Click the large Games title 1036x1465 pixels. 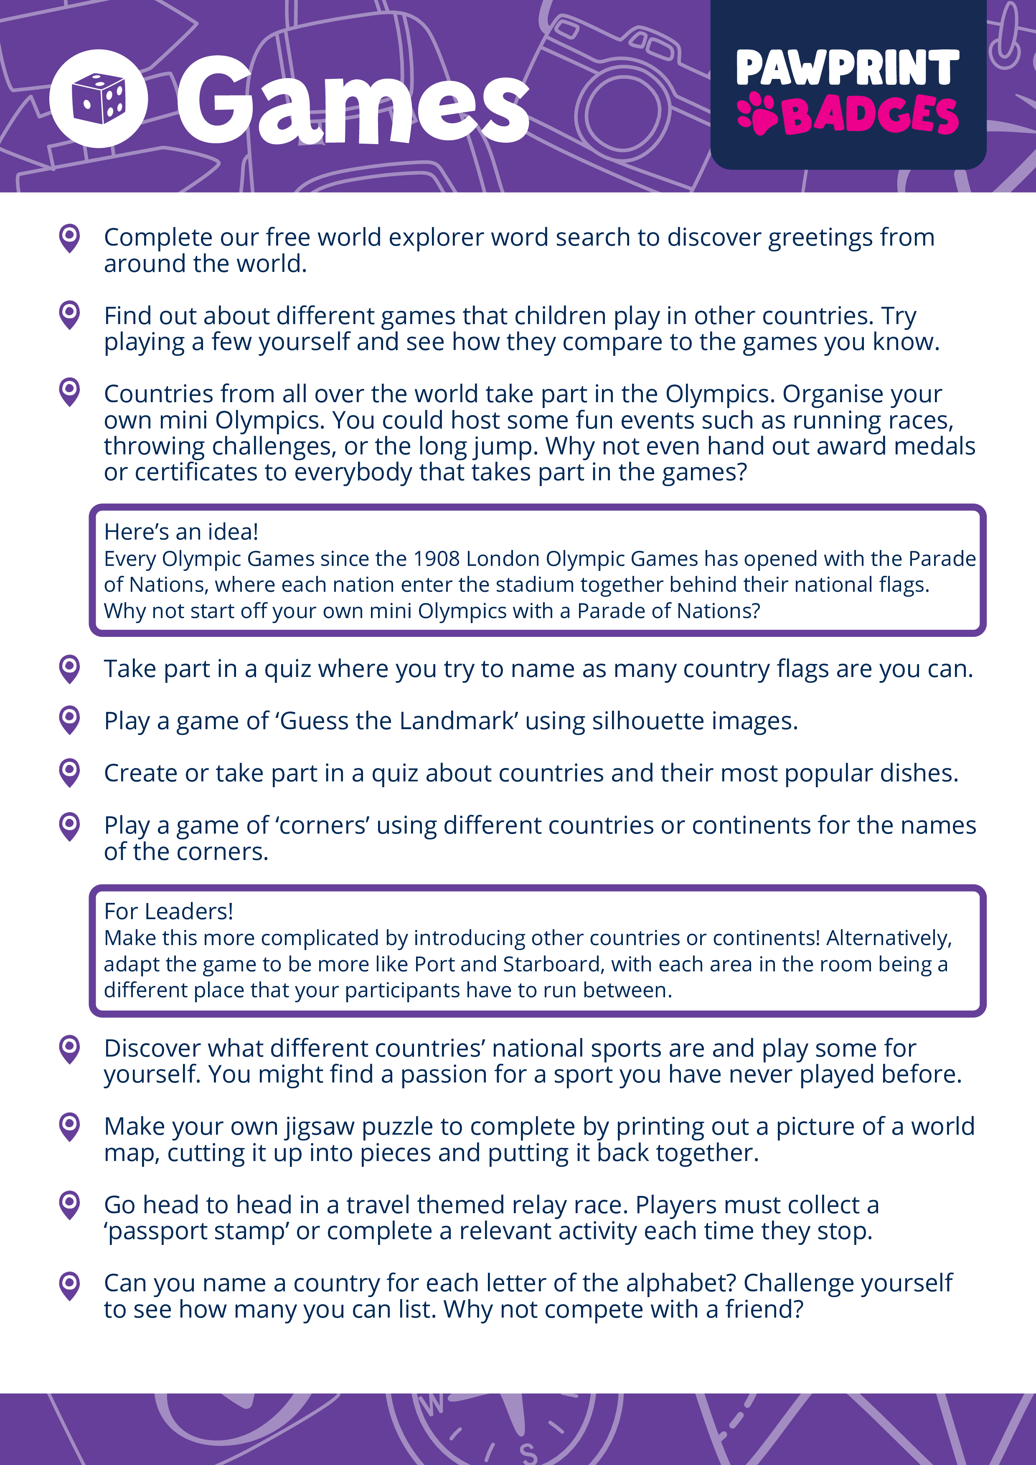click(x=353, y=101)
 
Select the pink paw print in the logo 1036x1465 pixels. click(x=758, y=114)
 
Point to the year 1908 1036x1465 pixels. click(x=436, y=559)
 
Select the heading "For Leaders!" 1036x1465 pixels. click(x=168, y=912)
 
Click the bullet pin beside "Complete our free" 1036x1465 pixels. click(x=69, y=238)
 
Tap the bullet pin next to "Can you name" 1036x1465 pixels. click(x=69, y=1285)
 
